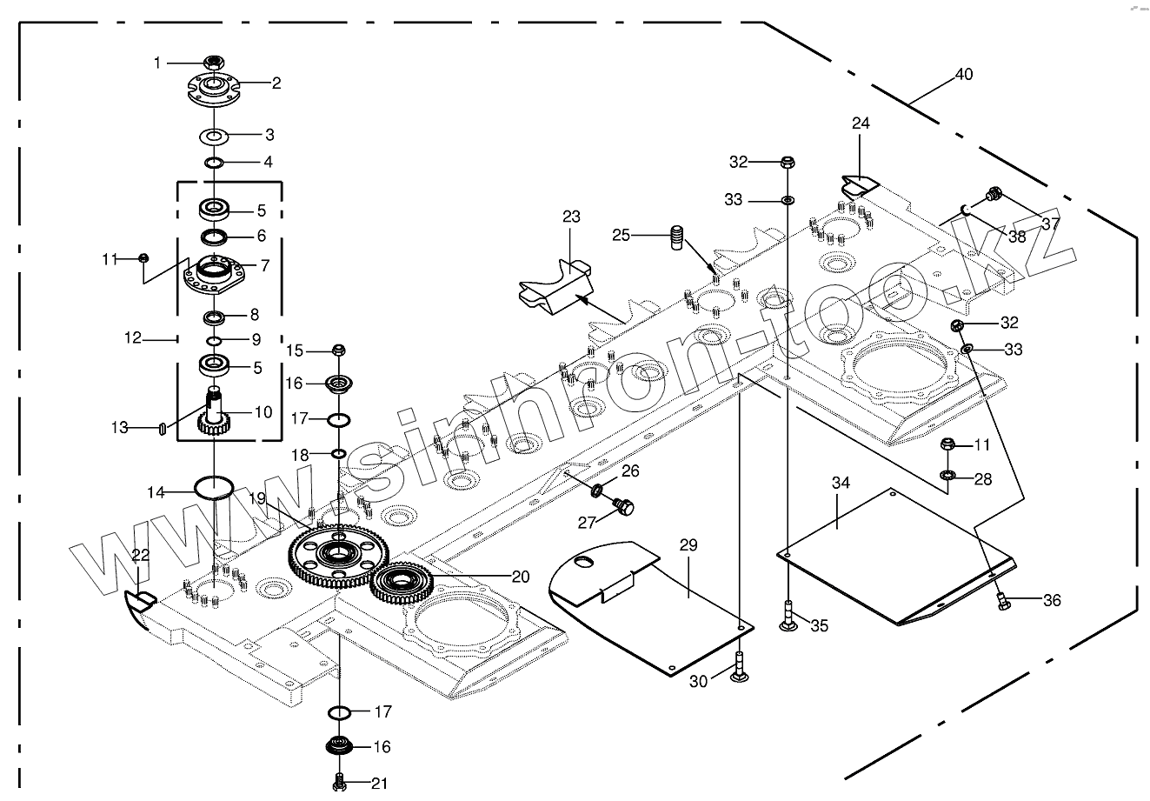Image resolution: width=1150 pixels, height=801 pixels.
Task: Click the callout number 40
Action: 964,75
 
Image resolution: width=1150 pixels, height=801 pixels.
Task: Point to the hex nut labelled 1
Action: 214,62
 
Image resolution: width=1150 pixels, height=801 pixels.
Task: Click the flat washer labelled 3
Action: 214,136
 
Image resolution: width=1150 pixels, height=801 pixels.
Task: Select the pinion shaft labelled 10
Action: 214,411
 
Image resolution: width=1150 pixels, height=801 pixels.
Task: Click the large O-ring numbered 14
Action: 214,486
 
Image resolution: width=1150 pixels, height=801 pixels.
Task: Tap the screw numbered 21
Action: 339,782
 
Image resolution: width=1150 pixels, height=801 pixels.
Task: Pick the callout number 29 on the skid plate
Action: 688,545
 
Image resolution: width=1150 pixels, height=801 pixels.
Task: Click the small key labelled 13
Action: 162,427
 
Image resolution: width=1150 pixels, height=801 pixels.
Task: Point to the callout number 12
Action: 132,338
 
